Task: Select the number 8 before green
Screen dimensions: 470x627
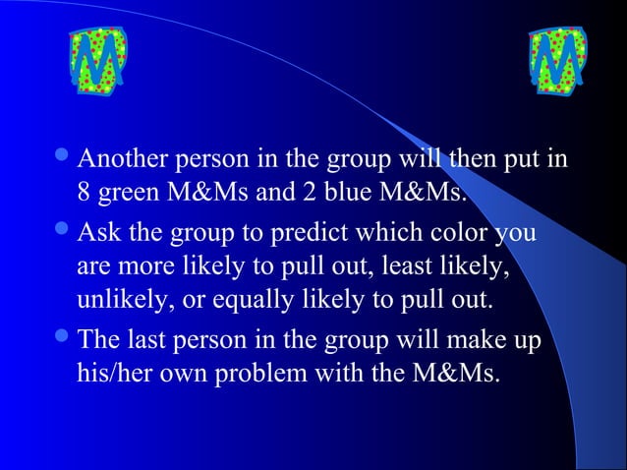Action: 85,190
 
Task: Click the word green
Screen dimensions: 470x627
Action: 129,190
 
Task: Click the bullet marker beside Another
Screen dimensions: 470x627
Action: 62,159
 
